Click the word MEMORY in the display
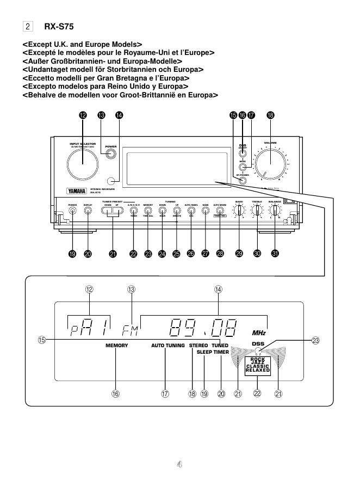tap(116, 346)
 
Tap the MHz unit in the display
tap(259, 333)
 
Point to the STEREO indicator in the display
tap(198, 346)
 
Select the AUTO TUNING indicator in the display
tap(168, 346)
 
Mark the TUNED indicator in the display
tap(220, 346)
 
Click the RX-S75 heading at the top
tap(59, 26)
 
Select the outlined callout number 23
tap(315, 340)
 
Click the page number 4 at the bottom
tap(180, 464)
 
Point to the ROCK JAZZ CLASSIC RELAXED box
tap(257, 365)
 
